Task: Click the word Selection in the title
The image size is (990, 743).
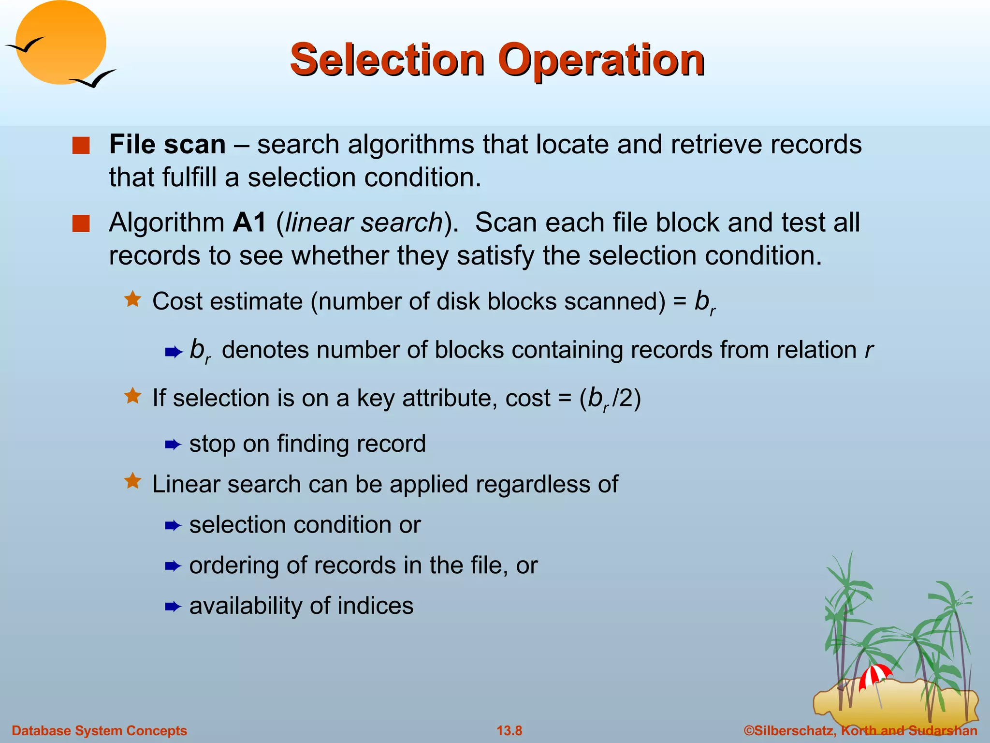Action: tap(387, 60)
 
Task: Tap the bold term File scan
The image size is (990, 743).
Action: tap(167, 145)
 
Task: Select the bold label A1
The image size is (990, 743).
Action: tap(249, 223)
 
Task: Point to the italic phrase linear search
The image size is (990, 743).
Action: tap(364, 223)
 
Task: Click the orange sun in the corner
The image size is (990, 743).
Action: tap(61, 43)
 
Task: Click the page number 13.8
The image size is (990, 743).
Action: tap(510, 730)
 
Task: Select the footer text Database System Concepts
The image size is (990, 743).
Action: tap(99, 730)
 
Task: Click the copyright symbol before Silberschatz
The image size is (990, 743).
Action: tap(749, 730)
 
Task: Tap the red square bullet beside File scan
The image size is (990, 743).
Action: tap(81, 146)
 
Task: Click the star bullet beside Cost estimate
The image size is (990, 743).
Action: tap(132, 299)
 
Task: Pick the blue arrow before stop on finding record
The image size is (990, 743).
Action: tap(173, 445)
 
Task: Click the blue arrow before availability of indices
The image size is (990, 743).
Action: tap(173, 607)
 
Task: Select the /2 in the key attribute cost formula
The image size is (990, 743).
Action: tap(622, 398)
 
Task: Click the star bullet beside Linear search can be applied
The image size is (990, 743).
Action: tap(132, 481)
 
